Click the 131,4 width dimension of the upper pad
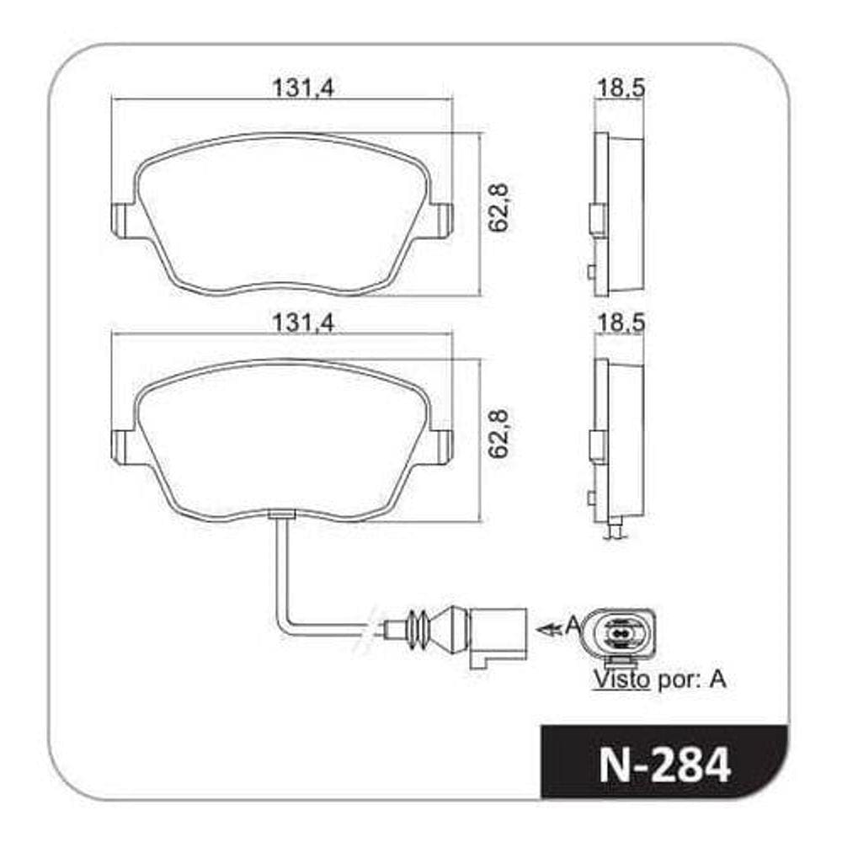[303, 88]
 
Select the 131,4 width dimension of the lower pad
[303, 322]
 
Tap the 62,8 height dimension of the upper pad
[498, 207]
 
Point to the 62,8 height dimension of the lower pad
[498, 434]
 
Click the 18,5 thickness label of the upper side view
[621, 88]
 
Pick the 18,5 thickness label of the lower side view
[621, 322]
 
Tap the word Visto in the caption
[621, 679]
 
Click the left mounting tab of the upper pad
[121, 220]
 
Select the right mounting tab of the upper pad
[443, 220]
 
